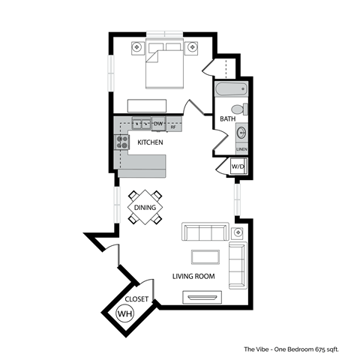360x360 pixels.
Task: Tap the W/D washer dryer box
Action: click(x=237, y=166)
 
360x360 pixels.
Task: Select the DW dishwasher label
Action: click(x=158, y=123)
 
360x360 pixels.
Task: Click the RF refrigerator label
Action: click(x=173, y=127)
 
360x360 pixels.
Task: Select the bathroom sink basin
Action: click(x=240, y=133)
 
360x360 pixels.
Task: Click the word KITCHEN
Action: click(x=151, y=141)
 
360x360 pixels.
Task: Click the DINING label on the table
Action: click(x=145, y=207)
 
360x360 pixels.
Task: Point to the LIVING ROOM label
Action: click(x=193, y=276)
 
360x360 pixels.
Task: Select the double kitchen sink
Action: click(x=141, y=123)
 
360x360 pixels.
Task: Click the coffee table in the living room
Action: click(x=205, y=256)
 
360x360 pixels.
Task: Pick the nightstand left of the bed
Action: click(x=137, y=47)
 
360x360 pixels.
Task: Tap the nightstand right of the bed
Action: click(x=193, y=47)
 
